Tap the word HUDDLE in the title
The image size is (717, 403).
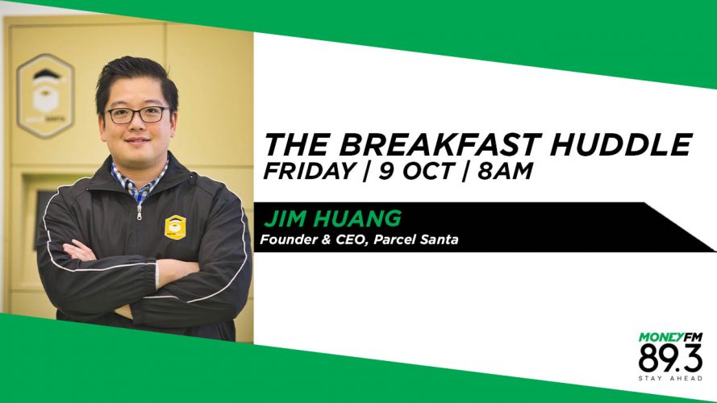point(620,144)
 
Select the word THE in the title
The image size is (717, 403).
point(295,144)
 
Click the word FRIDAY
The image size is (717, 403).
point(309,172)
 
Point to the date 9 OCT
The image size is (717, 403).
point(416,172)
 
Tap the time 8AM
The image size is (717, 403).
point(505,172)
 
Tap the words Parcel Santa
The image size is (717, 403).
point(416,239)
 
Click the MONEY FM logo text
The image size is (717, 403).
point(670,338)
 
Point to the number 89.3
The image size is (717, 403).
point(670,359)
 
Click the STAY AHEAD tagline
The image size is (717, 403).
point(670,378)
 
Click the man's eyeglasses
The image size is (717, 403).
point(136,114)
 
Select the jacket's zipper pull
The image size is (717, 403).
point(139,211)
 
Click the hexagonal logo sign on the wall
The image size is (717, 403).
point(45,95)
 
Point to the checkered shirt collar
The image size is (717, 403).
point(138,179)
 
